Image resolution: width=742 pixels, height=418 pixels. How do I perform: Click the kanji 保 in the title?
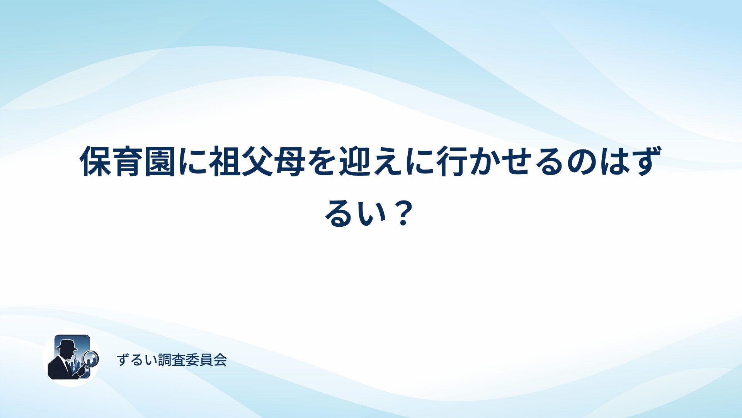coord(96,161)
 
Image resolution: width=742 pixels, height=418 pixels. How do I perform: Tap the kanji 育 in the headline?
coord(128,161)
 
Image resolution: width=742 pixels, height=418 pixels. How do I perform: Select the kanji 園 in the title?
coord(160,161)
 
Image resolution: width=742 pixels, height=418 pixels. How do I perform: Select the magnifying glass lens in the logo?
coord(92,358)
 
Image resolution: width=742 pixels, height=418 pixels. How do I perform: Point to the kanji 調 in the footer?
coord(165,360)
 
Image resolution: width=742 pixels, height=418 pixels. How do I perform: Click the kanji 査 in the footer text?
coord(179,360)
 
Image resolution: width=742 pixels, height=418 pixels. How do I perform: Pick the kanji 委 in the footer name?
coord(192,360)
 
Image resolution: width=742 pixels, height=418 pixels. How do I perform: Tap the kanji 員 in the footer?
coord(206,360)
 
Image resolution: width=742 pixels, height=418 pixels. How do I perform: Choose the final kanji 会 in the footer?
coord(220,360)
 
